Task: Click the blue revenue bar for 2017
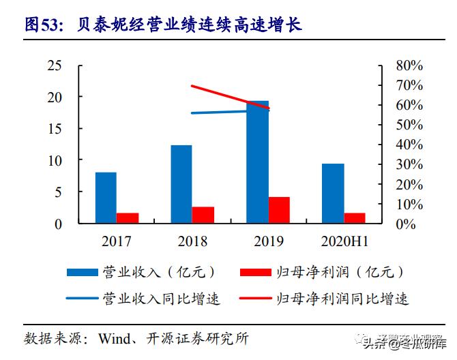(105, 198)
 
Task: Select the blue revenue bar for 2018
(181, 184)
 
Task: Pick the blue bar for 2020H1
(333, 194)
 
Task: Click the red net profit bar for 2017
(128, 218)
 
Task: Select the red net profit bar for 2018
(203, 215)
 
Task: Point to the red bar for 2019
(279, 210)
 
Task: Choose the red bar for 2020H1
(355, 218)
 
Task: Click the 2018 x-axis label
(192, 241)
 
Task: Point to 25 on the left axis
(54, 66)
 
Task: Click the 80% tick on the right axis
(409, 66)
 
